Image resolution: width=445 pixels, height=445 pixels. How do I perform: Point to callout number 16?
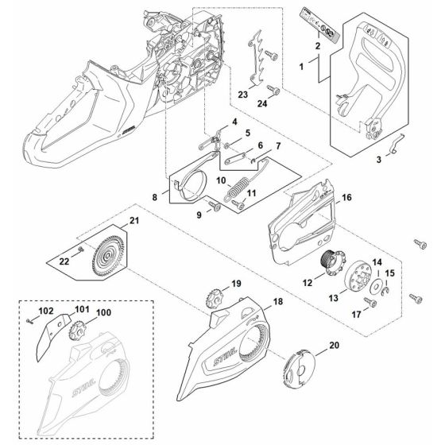(x=346, y=196)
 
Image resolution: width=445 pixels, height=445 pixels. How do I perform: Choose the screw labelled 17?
(x=370, y=303)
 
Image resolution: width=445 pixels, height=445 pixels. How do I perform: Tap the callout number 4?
(x=234, y=121)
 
